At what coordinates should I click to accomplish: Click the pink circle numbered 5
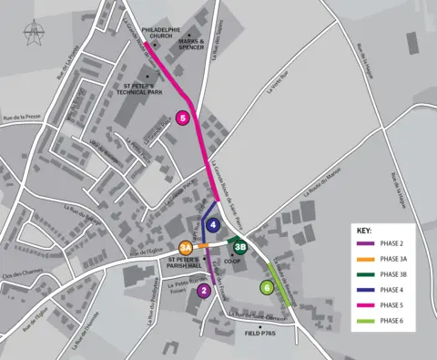click(x=184, y=118)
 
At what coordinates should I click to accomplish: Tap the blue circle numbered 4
click(x=213, y=224)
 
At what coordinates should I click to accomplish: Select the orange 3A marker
click(x=185, y=247)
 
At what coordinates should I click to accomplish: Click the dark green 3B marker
click(x=239, y=246)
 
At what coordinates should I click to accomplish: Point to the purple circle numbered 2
click(x=204, y=291)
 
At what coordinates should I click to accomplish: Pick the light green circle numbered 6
click(x=267, y=287)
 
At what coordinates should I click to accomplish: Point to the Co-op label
click(x=230, y=261)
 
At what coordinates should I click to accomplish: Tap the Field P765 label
click(x=260, y=334)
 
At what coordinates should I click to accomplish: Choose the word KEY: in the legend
click(x=363, y=231)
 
